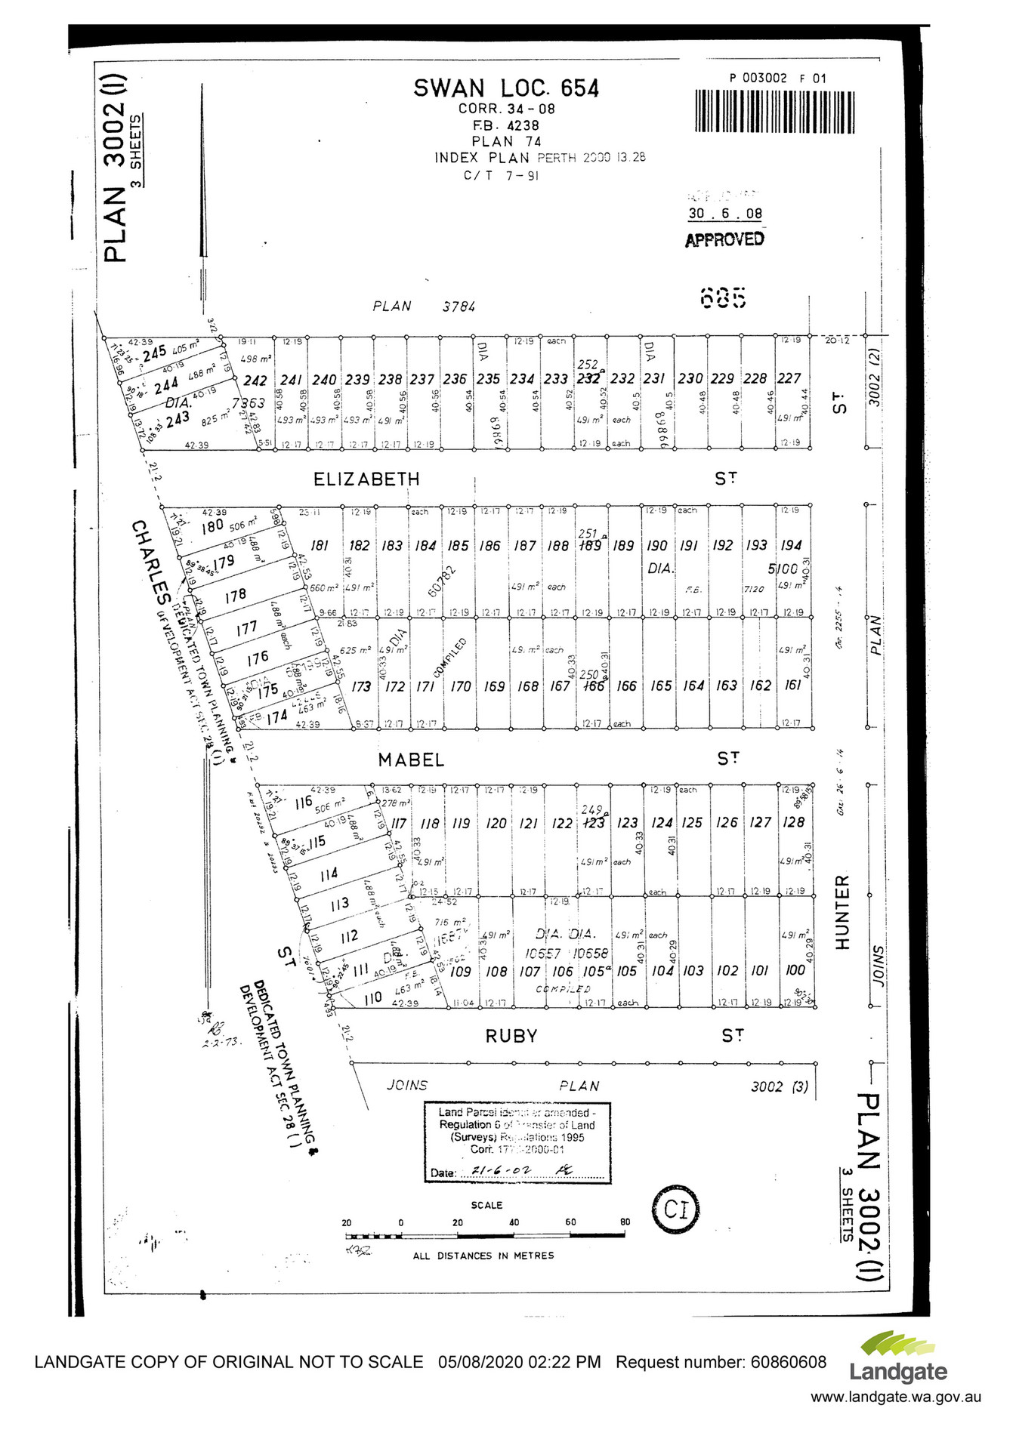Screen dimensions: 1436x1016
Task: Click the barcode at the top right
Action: [x=775, y=112]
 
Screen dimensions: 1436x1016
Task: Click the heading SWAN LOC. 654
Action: [x=505, y=88]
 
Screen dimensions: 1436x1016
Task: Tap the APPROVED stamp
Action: [x=724, y=239]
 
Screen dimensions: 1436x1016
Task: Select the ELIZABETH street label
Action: [x=366, y=479]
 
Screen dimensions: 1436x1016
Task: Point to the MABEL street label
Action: [x=411, y=759]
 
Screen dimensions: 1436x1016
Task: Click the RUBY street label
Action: [x=511, y=1036]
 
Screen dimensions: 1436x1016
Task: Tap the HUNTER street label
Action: [x=842, y=911]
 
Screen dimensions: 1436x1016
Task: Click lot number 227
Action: [x=789, y=378]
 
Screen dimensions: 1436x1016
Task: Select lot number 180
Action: [x=212, y=526]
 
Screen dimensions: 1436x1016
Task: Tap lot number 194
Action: [x=791, y=545]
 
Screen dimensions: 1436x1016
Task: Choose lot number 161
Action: [x=793, y=685]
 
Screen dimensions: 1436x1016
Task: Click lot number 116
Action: [x=303, y=802]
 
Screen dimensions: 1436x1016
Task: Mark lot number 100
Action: [x=795, y=970]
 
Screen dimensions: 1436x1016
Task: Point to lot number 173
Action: [x=361, y=686]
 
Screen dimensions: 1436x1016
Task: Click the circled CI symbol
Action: [x=675, y=1211]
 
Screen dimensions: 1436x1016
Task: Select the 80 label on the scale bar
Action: [x=625, y=1222]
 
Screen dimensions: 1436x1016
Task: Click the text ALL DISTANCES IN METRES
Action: [x=483, y=1256]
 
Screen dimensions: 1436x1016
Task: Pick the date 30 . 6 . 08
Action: [x=724, y=214]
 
